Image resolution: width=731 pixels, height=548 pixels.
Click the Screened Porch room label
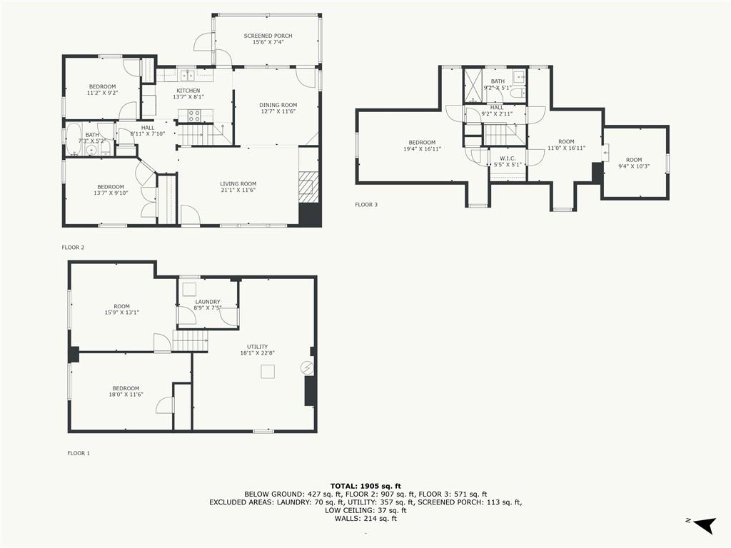[268, 36]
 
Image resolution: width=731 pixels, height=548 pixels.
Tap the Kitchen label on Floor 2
[188, 91]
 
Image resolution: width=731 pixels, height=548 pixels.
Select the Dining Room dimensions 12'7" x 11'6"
[278, 111]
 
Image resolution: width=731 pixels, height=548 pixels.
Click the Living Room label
[238, 183]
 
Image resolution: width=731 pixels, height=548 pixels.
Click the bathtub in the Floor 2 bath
[73, 139]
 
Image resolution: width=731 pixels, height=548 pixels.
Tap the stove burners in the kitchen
[195, 116]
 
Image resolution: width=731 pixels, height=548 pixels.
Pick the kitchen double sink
[188, 75]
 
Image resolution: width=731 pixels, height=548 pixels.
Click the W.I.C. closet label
[508, 158]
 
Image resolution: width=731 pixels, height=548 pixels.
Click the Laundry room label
[208, 302]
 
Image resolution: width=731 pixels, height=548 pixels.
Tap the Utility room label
[257, 347]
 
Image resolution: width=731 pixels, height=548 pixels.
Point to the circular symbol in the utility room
[307, 368]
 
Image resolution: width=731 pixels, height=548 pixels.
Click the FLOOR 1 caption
[79, 453]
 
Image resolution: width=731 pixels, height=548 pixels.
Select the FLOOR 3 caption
[366, 205]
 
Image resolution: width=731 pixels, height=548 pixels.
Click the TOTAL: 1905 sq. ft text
[365, 486]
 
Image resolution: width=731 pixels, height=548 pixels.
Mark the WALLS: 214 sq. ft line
[365, 518]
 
